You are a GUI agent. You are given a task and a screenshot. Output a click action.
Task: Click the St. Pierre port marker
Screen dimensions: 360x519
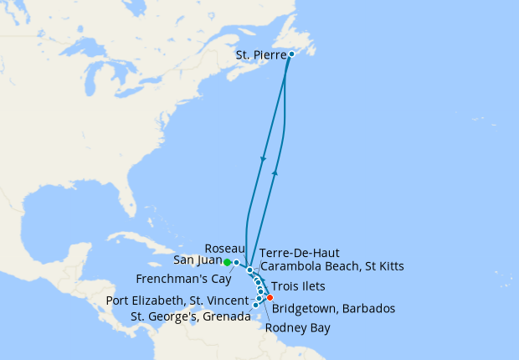[291, 55]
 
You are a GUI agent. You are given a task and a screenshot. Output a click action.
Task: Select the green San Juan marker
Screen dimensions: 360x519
[227, 262]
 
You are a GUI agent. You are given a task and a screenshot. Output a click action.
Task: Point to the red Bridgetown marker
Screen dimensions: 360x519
[270, 297]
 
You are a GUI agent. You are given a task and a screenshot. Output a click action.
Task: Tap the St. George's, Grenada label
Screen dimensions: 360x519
[191, 316]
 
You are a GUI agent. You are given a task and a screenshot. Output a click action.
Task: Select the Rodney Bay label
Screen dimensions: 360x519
[296, 327]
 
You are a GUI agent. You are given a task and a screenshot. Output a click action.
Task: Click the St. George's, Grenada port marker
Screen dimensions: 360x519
[255, 305]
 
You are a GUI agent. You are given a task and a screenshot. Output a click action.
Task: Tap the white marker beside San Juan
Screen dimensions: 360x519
[237, 263]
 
